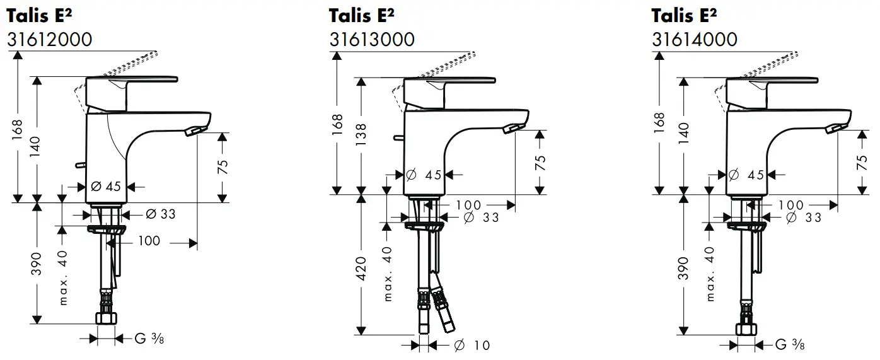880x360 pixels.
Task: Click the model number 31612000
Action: point(49,39)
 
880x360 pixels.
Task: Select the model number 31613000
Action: point(372,39)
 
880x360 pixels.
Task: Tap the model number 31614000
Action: point(694,39)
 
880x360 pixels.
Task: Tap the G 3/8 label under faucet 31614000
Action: point(789,344)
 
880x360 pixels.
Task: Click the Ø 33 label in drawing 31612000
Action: point(161,214)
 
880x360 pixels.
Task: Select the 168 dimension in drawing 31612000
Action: point(18,130)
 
